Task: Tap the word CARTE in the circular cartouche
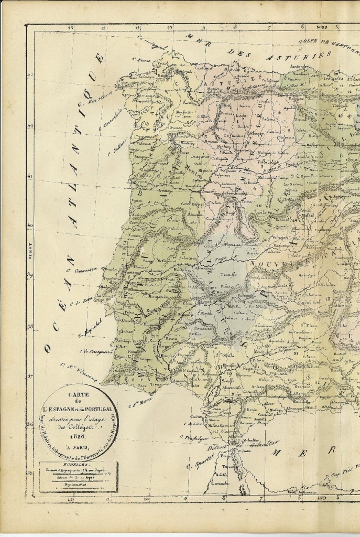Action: tap(78, 394)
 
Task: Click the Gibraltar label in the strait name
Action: tap(265, 444)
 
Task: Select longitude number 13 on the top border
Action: tap(70, 27)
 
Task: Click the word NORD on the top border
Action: tap(321, 26)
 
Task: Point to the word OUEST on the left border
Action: tap(30, 251)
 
